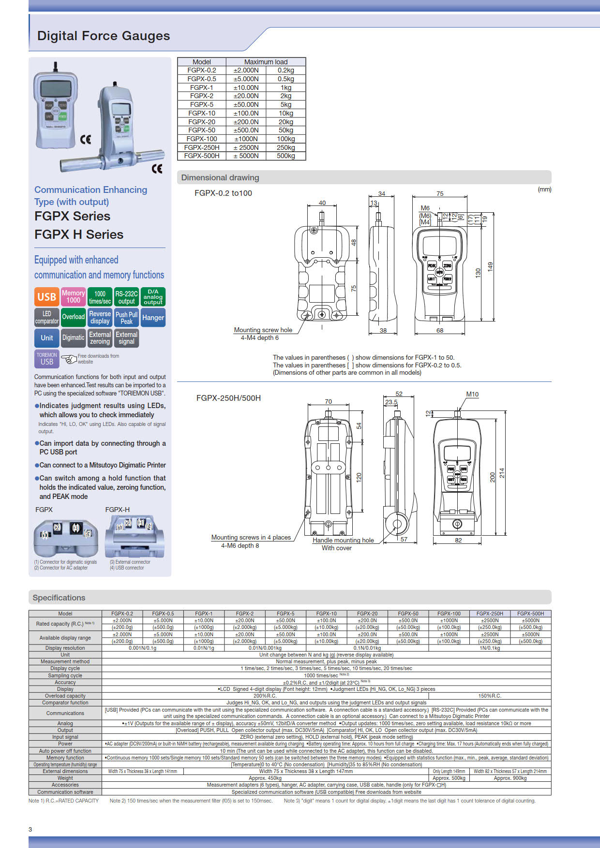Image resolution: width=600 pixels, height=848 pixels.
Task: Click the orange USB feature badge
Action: coord(46,297)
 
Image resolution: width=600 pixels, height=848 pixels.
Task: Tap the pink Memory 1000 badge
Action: coord(73,297)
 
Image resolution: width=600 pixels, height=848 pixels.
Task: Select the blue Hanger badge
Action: coord(153,318)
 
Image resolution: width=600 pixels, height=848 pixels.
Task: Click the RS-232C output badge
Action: coord(126,297)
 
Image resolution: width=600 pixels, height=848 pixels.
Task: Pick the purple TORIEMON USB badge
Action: coord(47,359)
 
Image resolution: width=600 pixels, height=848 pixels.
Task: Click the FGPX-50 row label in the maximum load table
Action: coord(202,130)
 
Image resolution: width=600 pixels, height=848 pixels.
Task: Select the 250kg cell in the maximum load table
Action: coord(285,147)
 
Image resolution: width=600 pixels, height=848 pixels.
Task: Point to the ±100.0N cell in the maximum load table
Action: coord(246,113)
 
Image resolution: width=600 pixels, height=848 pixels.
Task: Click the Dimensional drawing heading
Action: coord(220,177)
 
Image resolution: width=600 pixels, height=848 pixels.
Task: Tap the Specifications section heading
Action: coord(59,598)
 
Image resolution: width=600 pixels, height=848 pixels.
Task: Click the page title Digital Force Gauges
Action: coord(104,36)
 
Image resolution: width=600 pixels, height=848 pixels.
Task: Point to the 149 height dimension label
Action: coord(490,266)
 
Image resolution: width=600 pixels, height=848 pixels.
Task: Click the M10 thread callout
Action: coord(472,394)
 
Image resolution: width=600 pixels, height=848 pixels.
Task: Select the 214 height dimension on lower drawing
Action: coord(502,473)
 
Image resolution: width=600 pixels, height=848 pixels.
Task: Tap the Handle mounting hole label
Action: coord(343,540)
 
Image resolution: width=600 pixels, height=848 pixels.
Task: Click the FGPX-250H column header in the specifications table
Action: coord(490,614)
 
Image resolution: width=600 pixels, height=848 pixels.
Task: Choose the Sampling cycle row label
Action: coord(65,675)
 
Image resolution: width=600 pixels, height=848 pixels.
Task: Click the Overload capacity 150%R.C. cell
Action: coord(490,696)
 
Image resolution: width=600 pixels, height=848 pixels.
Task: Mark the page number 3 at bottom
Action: coord(30,829)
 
